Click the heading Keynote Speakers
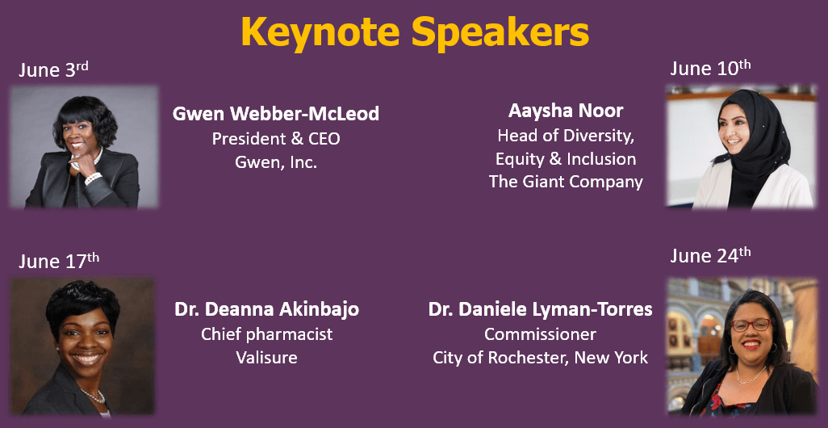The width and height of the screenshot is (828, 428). [x=415, y=31]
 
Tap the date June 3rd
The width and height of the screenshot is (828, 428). [x=53, y=69]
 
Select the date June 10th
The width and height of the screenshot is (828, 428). [x=710, y=68]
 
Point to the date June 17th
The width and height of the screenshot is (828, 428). [x=59, y=261]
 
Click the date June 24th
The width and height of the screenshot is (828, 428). [x=710, y=255]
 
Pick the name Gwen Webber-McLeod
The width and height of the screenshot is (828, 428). [x=276, y=114]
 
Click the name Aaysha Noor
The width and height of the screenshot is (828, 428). [x=566, y=111]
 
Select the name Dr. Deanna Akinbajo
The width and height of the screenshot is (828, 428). [x=266, y=309]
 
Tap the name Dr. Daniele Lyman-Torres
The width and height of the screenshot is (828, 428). [x=540, y=309]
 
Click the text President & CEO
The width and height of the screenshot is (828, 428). [x=276, y=138]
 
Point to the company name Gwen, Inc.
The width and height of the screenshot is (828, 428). [x=276, y=162]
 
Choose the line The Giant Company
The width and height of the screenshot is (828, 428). [x=566, y=182]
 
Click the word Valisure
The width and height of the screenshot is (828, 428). [x=266, y=358]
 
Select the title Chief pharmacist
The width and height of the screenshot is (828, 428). [x=266, y=334]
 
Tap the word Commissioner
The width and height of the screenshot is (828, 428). [x=540, y=334]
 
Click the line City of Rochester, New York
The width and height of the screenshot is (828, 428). [x=540, y=358]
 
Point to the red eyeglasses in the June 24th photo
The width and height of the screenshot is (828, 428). [x=751, y=325]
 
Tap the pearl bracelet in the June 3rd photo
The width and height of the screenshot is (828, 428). [x=93, y=178]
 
